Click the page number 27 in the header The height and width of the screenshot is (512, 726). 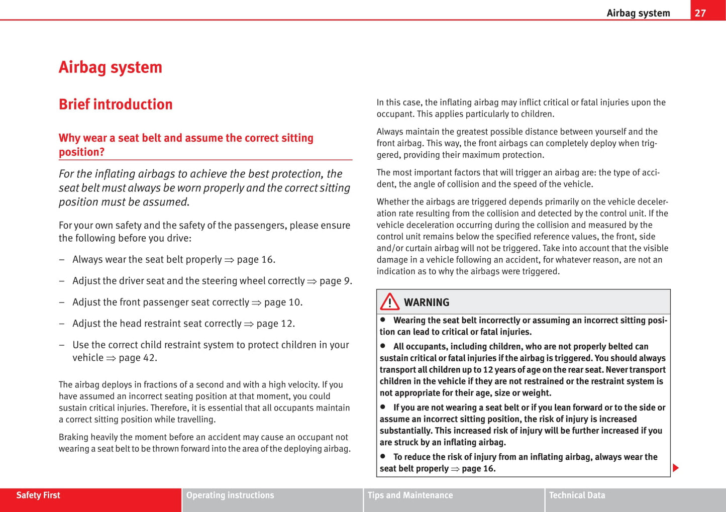(x=700, y=13)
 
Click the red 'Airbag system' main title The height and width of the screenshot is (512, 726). (x=111, y=67)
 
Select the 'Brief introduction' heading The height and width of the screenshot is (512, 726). (x=116, y=105)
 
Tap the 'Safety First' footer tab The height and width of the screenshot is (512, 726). (x=38, y=495)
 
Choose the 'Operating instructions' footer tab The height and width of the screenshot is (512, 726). (x=230, y=495)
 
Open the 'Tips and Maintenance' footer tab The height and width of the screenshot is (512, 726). (x=410, y=495)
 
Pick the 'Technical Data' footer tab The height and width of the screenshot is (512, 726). (x=577, y=495)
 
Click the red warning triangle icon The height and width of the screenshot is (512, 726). (x=389, y=302)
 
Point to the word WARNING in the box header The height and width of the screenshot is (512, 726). (x=427, y=302)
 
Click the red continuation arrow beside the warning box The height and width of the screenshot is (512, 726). (x=676, y=468)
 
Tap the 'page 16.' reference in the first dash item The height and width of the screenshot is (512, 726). (x=256, y=260)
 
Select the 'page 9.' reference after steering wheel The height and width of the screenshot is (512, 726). (x=336, y=281)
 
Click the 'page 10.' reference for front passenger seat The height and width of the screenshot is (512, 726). (x=283, y=302)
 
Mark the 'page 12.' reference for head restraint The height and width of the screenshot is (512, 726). (x=276, y=324)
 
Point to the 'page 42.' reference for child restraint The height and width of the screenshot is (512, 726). (x=138, y=358)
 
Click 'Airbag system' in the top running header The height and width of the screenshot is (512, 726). (x=638, y=13)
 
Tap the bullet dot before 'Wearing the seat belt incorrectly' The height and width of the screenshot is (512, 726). (x=383, y=320)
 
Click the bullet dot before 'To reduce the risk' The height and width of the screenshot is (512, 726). (x=383, y=456)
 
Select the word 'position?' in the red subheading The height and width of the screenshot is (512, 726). (x=81, y=152)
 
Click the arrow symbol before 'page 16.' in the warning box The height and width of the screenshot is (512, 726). (x=455, y=469)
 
